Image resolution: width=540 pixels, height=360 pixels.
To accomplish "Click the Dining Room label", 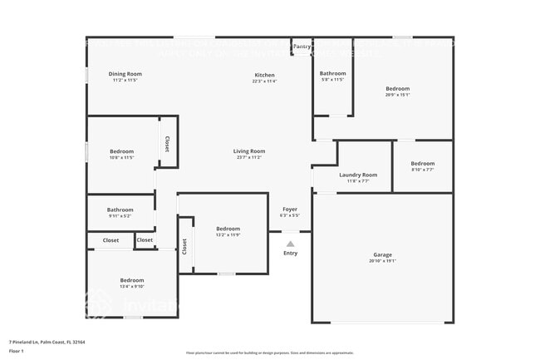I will click(125, 74).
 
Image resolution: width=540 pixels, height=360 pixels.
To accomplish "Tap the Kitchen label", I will click(264, 75).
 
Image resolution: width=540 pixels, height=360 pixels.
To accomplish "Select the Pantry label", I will click(302, 47).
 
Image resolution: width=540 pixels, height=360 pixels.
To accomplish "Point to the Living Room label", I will click(249, 150).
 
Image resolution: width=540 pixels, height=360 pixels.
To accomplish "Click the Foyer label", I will click(290, 209).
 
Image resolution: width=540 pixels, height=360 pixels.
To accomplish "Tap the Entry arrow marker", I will click(290, 244).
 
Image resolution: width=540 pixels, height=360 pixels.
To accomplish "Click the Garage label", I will click(382, 254).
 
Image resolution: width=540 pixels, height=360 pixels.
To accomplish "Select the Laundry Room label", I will click(358, 175).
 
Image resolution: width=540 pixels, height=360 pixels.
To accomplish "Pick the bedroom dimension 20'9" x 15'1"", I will click(398, 94).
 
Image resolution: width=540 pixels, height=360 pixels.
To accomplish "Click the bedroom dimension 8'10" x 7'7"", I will click(423, 170).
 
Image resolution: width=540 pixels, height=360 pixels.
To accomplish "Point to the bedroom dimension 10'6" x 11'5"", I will click(121, 157).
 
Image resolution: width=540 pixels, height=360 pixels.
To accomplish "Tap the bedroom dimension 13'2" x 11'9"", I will click(228, 234).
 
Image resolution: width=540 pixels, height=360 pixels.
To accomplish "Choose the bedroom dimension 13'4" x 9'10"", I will click(132, 286).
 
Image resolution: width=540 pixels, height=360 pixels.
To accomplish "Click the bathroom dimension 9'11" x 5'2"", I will click(120, 215).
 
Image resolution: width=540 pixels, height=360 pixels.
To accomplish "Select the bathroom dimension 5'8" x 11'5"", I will click(332, 80).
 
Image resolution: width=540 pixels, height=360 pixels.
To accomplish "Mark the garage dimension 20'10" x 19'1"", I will click(382, 261).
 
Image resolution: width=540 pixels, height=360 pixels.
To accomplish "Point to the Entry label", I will click(290, 253).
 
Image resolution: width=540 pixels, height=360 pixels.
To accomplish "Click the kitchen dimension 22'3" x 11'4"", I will click(264, 81).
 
